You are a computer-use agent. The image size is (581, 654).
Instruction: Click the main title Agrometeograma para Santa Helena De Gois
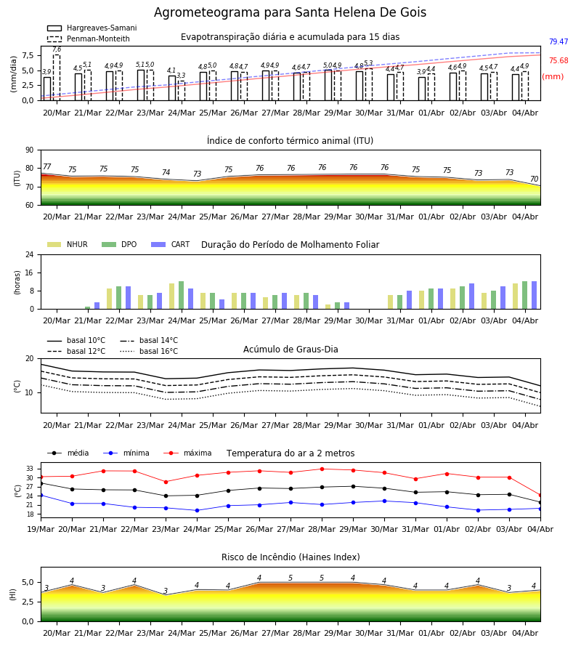tap(290, 12)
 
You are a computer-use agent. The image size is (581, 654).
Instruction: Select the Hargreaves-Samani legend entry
tap(92, 28)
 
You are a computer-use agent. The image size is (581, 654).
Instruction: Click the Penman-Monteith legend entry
tap(89, 39)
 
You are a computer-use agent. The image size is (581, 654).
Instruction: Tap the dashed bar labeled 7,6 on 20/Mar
tap(57, 78)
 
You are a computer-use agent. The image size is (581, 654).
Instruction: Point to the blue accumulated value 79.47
tap(558, 41)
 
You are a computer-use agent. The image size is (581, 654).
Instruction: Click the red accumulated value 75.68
tap(558, 60)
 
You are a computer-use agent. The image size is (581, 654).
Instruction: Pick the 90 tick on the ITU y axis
tap(30, 150)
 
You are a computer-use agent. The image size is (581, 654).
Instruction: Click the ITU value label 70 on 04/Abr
tap(534, 179)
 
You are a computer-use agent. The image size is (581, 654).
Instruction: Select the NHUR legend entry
tap(68, 244)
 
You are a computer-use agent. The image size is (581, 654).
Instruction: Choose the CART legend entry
tap(171, 244)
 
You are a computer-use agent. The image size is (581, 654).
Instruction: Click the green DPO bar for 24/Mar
tap(182, 295)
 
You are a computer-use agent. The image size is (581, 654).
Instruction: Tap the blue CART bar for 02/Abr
tap(472, 296)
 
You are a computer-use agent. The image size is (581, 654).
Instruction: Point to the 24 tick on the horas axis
tap(30, 254)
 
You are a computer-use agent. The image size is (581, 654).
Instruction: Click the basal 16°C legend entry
tap(149, 351)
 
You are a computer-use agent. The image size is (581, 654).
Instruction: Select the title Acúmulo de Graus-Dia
tap(290, 350)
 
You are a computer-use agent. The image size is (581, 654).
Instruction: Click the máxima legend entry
tap(187, 453)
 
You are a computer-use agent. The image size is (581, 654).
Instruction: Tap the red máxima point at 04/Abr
tap(540, 496)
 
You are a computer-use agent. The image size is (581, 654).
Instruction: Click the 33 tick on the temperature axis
tap(30, 469)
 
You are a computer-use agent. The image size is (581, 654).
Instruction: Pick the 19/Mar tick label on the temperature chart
tap(41, 529)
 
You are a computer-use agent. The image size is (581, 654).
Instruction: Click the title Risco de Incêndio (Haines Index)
tap(290, 557)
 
